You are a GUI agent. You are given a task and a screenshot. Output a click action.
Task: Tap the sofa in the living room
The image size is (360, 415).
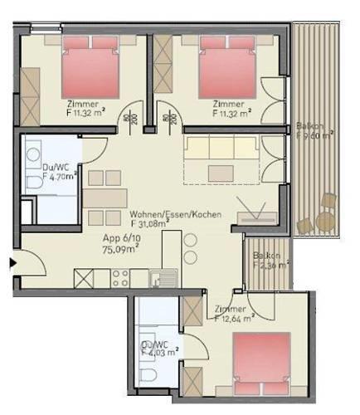[x=220, y=149]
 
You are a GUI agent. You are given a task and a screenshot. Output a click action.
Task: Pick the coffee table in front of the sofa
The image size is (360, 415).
[x=222, y=173]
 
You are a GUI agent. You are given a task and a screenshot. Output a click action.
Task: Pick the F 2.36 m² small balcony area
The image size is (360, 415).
[x=267, y=266]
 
